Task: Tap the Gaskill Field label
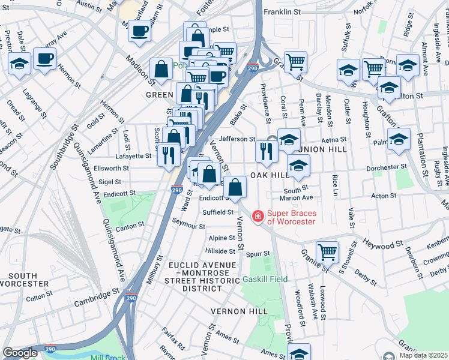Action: [x=265, y=279]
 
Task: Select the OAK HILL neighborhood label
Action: [x=266, y=175]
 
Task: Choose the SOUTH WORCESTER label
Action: [x=19, y=280]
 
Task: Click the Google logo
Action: [x=20, y=353]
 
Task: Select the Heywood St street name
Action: [x=382, y=245]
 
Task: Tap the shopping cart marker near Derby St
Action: [x=327, y=251]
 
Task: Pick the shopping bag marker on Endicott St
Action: [x=235, y=188]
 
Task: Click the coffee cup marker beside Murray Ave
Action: [x=45, y=59]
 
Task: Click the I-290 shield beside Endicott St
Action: [x=176, y=190]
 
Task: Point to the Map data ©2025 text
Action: [x=424, y=355]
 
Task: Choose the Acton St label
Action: [x=382, y=196]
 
